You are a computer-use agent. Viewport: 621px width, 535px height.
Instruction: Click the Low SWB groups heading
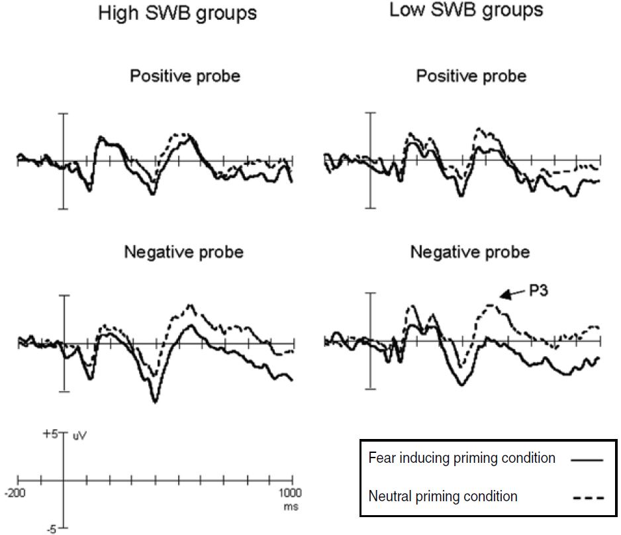tap(466, 10)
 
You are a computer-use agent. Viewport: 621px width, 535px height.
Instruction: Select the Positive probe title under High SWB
tap(185, 76)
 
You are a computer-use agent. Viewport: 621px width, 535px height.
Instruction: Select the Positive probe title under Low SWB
tap(471, 76)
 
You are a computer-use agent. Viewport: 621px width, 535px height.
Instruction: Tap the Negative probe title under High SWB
tap(183, 252)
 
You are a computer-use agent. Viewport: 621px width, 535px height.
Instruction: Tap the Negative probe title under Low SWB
tap(470, 252)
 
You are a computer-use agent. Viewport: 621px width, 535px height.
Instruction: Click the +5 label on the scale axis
tap(50, 434)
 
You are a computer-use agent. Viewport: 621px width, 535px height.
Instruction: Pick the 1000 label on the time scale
tap(289, 493)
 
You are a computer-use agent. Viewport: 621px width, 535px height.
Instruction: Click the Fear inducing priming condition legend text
tap(461, 458)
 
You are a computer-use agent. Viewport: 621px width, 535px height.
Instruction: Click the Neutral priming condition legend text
tap(442, 496)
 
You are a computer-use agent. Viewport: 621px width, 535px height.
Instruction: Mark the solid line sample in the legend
tap(586, 460)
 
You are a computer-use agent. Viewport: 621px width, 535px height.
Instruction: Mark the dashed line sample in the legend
tap(586, 497)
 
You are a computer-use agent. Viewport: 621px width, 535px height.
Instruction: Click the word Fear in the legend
tap(379, 458)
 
